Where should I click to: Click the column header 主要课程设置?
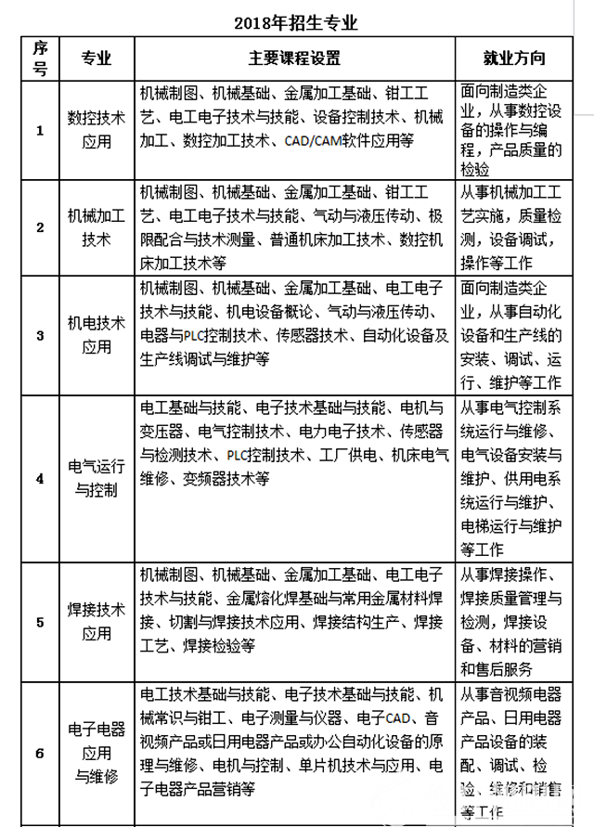coord(295,58)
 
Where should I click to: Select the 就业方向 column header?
coord(513,58)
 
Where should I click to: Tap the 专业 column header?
coord(97,58)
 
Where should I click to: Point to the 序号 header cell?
coord(39,58)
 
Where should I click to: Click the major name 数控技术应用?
coord(97,130)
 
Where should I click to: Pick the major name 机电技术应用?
coord(97,334)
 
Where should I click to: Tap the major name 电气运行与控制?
coord(97,478)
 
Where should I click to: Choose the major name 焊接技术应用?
coord(97,622)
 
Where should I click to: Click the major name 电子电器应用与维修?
coord(97,753)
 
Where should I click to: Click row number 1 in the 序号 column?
coord(39,130)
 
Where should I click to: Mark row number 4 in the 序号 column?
coord(39,478)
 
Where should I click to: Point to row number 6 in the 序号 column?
coord(39,753)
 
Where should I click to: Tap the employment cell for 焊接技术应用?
coord(513,622)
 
